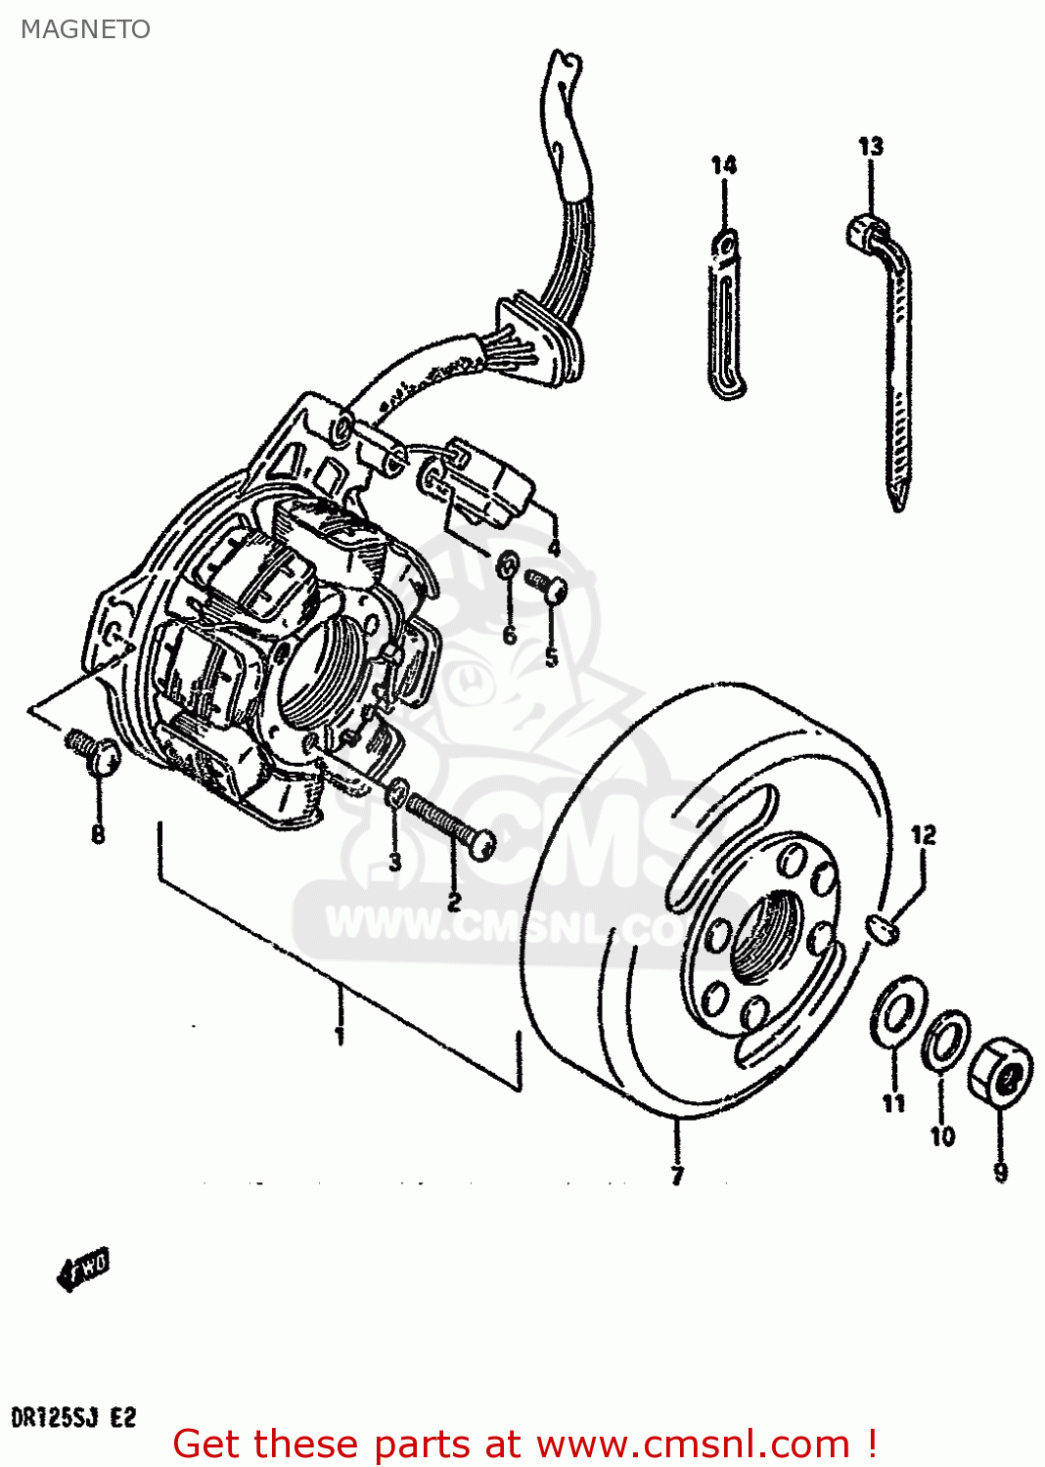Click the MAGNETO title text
[86, 29]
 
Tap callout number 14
[723, 164]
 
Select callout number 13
[870, 147]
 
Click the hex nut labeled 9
[1001, 1073]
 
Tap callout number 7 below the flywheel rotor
[677, 1174]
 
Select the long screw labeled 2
[450, 826]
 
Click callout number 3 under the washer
[394, 862]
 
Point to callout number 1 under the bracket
[339, 1034]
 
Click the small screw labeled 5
[547, 584]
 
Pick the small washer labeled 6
[509, 564]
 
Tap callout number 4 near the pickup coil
[554, 548]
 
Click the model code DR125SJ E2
[73, 1416]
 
